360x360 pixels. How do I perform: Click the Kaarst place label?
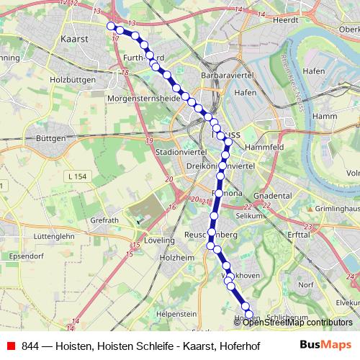76,39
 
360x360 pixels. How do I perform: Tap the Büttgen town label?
50,138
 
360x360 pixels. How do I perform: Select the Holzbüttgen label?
72,81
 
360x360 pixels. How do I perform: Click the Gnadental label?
273,196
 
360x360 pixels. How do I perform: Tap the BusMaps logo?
325,345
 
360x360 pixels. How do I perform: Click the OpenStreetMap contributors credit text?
294,323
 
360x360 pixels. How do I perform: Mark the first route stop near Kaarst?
111,26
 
